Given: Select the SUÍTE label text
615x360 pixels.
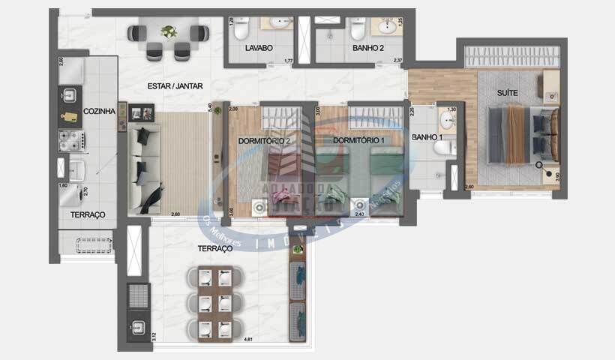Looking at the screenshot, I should click(x=508, y=93).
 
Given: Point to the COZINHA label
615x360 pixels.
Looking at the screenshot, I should click(x=99, y=112).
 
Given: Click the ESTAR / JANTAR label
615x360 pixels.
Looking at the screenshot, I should click(x=173, y=86).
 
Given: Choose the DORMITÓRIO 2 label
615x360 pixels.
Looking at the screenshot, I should click(x=264, y=140).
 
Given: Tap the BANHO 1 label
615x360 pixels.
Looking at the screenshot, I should click(x=427, y=138).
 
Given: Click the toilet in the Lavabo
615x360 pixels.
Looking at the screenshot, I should click(x=241, y=29).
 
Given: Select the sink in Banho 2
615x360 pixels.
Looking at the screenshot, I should click(x=388, y=27).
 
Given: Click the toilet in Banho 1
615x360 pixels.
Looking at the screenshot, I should click(x=448, y=147).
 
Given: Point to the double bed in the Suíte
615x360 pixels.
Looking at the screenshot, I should click(x=521, y=134).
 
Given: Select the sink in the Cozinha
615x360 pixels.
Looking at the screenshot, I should click(x=68, y=94).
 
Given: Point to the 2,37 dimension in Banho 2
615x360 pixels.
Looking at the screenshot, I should click(x=398, y=61).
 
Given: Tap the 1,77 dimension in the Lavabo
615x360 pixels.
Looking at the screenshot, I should click(x=287, y=61).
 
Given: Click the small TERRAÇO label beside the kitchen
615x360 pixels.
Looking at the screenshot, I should click(x=88, y=214).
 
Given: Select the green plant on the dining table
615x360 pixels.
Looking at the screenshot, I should click(x=169, y=31).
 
